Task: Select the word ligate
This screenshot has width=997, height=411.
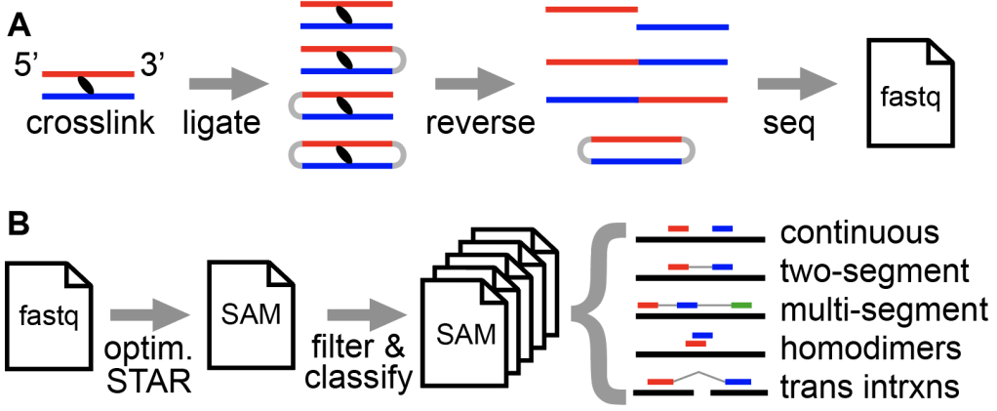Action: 222,124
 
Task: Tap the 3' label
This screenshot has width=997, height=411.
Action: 154,68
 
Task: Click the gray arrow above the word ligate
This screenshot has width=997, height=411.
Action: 222,86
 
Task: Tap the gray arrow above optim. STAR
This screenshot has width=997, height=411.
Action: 145,314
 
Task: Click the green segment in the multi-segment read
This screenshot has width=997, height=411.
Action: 740,306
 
